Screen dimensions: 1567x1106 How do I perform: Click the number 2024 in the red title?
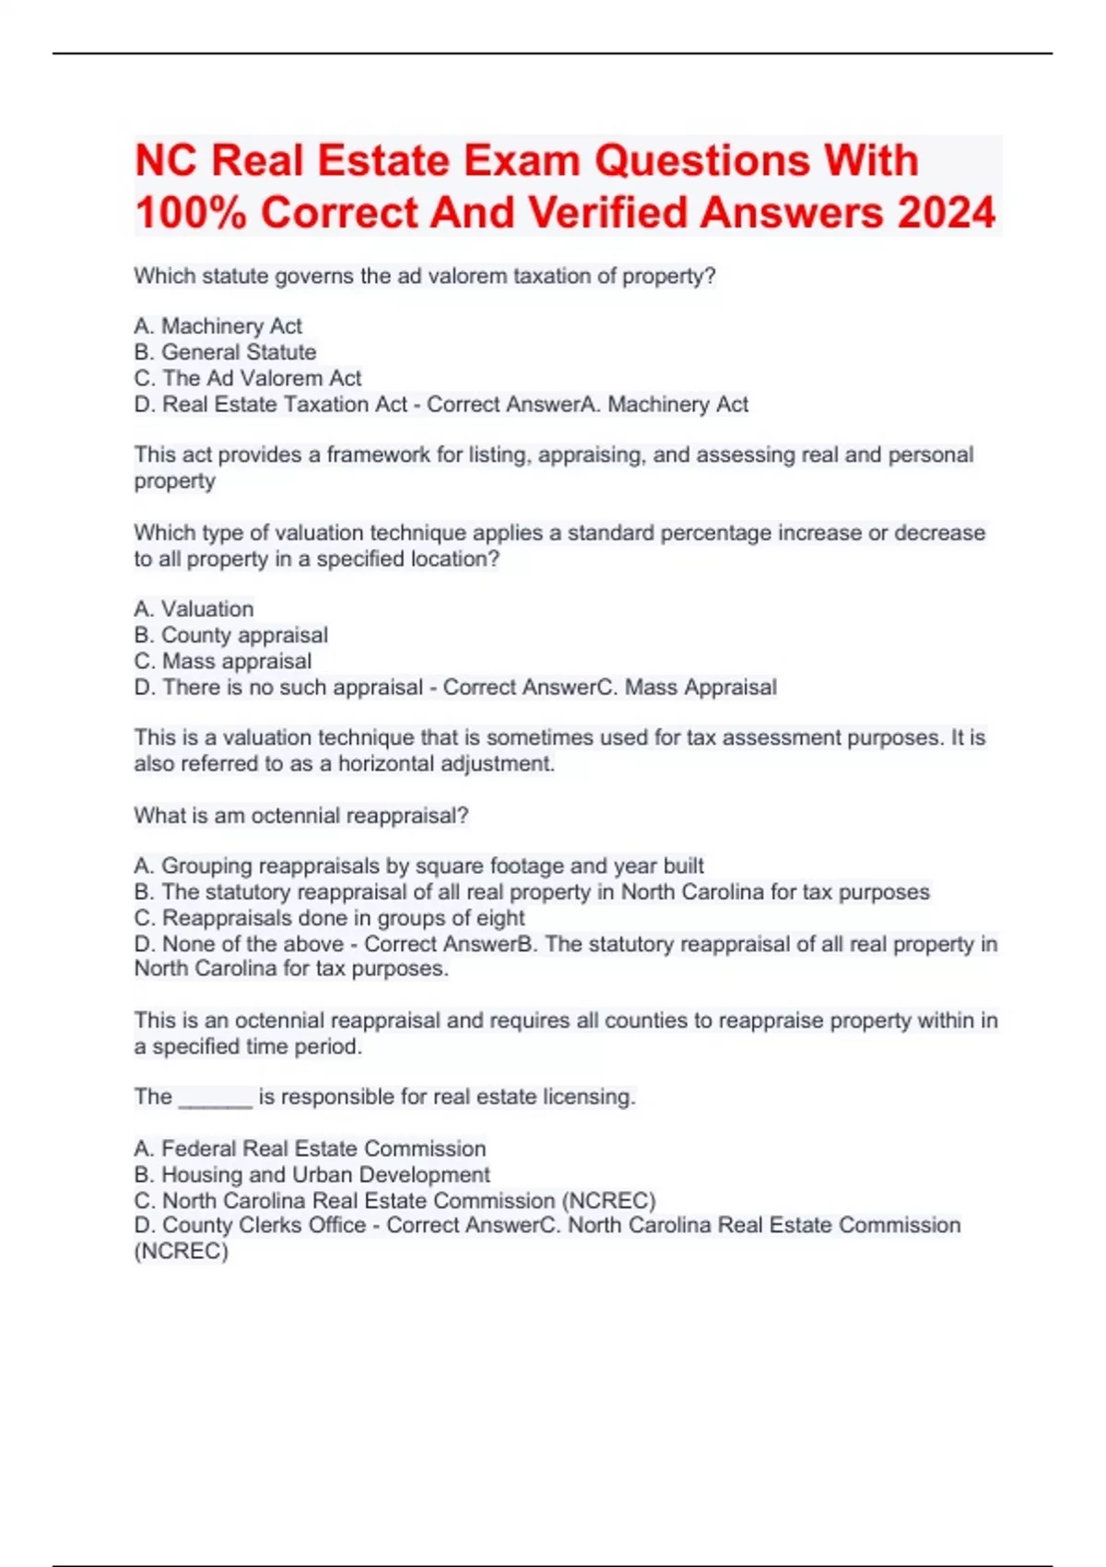946,213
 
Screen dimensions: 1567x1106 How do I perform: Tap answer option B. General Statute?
225,352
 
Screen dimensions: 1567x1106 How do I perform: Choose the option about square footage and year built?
418,866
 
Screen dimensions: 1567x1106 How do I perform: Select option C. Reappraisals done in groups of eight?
329,918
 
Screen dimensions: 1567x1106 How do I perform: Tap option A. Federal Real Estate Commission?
310,1149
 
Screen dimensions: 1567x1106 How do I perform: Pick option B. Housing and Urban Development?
312,1174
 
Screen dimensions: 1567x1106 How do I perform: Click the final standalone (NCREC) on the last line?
181,1251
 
